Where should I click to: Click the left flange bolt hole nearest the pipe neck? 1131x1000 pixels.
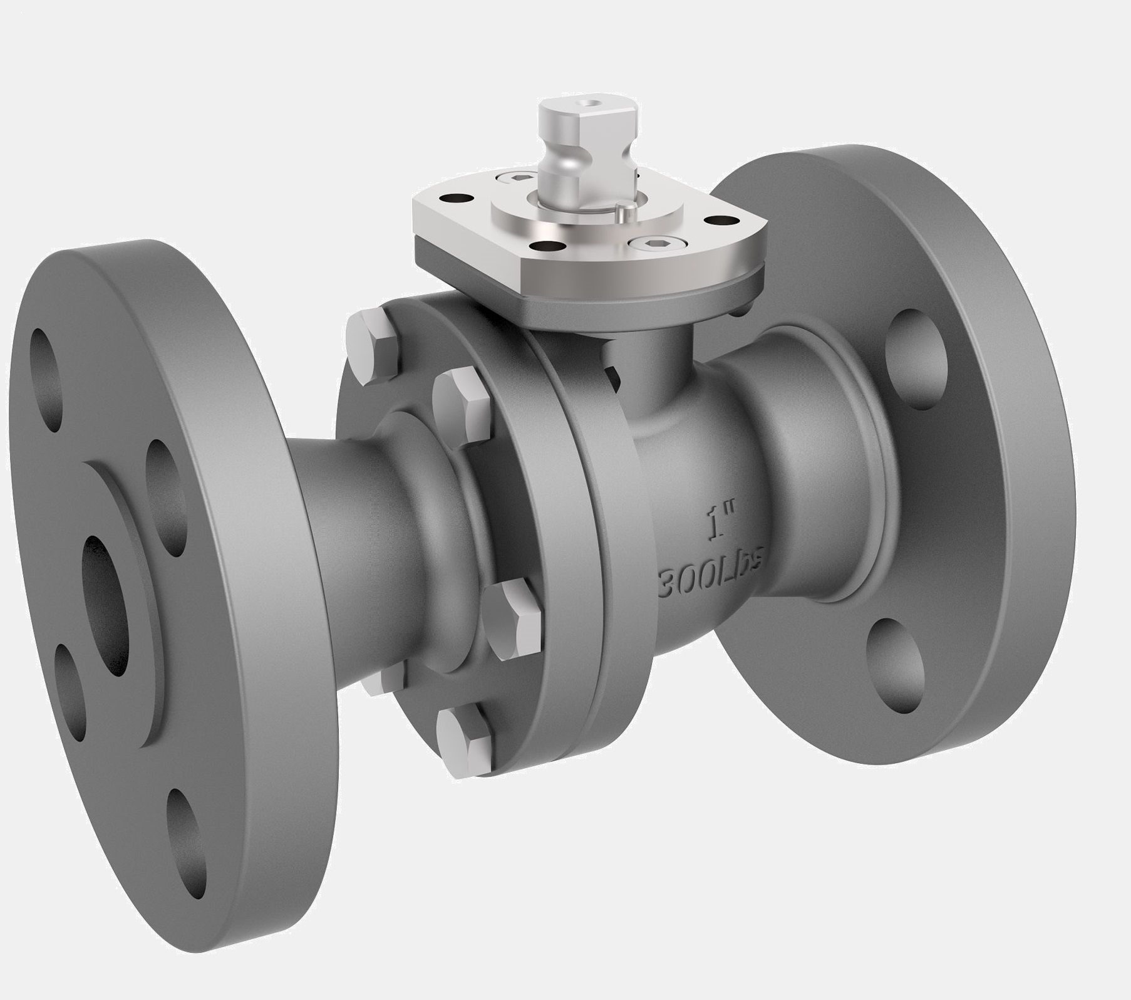click(166, 498)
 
